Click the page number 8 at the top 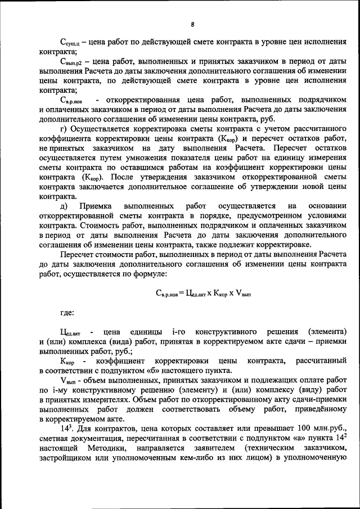click(x=192, y=24)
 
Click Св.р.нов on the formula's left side click(x=167, y=292)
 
